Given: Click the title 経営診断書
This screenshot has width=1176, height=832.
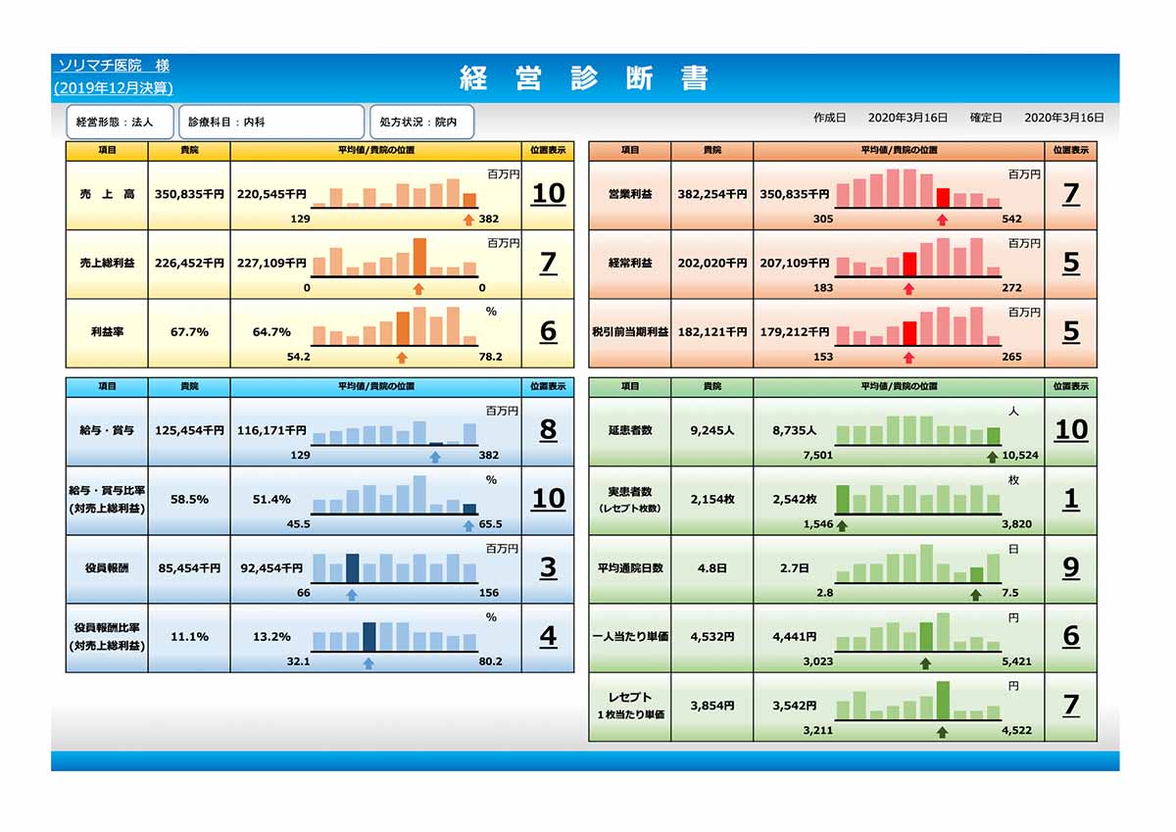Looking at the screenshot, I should point(584,78).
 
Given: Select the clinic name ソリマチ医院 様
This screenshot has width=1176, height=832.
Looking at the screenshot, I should point(113,66).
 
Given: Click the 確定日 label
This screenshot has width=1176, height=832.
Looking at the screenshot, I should point(986,118).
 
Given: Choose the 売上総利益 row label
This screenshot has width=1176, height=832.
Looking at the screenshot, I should point(107,264).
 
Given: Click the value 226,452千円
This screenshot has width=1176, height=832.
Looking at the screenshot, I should point(189,264).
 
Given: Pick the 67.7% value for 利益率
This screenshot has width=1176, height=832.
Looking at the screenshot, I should point(189,332).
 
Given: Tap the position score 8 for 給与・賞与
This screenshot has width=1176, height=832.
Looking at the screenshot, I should point(548,429).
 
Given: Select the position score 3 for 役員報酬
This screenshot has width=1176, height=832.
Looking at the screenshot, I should point(548,567).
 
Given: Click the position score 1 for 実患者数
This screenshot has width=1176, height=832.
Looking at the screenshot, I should point(1071,499).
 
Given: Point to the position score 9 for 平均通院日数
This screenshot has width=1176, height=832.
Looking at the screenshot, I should point(1071,567).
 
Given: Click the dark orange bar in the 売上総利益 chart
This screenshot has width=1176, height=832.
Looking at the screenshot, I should point(419,257).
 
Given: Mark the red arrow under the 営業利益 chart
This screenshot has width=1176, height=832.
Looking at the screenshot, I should point(943,220).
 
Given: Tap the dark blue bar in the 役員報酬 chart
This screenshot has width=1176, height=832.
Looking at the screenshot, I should point(353,567).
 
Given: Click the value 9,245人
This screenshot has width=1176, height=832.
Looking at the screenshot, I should point(712,430).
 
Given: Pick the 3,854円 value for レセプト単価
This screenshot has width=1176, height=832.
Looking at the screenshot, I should point(712,706).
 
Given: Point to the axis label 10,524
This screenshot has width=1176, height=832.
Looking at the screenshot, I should point(1021,456).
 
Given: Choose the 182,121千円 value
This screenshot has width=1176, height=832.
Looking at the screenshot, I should point(712,332).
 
